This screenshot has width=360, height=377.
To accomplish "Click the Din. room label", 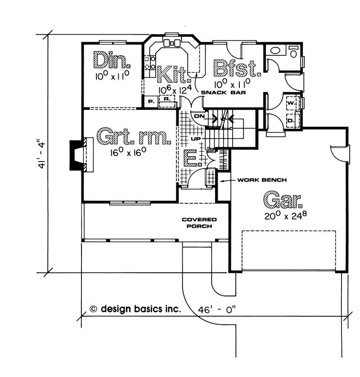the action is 112,60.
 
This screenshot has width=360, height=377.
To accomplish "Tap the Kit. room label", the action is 173,75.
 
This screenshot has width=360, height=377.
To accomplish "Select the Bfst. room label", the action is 237,68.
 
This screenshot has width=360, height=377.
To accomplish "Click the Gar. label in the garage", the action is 283,200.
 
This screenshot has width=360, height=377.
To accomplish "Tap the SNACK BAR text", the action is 223,92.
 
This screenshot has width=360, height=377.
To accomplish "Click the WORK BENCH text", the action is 262,180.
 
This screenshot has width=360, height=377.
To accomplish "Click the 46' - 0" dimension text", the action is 216,310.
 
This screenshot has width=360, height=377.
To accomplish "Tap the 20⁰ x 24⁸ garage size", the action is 286,215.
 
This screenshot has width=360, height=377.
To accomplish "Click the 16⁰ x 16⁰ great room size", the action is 128,152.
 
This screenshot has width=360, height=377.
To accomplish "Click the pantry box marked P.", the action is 151,102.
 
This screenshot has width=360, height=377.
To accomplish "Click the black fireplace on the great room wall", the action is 77,155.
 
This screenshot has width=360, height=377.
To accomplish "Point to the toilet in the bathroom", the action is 293,51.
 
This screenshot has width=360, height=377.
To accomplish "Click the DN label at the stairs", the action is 199,116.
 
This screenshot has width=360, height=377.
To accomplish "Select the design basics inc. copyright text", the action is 135,309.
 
